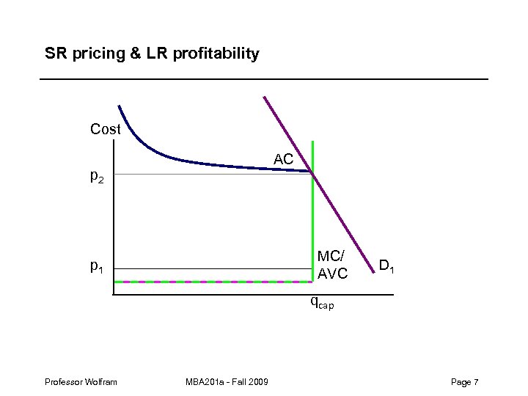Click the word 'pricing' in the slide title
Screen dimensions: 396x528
click(91, 54)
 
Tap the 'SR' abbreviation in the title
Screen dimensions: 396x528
click(54, 54)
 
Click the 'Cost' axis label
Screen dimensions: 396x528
click(105, 130)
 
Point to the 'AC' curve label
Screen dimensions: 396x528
click(283, 159)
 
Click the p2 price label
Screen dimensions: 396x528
click(97, 177)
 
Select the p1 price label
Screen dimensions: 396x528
click(97, 268)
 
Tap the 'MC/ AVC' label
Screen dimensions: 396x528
click(332, 265)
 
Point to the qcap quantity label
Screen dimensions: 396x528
click(322, 301)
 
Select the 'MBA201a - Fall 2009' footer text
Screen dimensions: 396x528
click(227, 382)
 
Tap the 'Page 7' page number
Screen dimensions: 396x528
click(465, 382)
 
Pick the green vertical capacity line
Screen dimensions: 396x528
click(312, 220)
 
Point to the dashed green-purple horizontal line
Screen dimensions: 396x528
click(213, 282)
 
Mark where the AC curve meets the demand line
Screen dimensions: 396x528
click(312, 172)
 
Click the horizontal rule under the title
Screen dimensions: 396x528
click(264, 78)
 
